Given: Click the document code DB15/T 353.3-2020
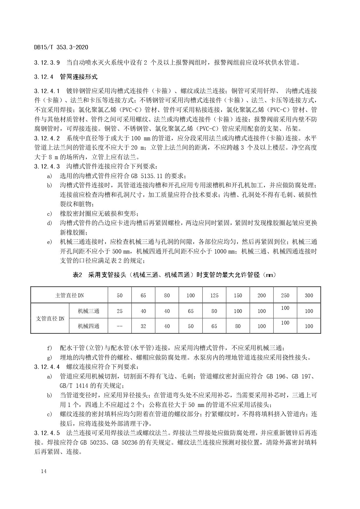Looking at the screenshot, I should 61,47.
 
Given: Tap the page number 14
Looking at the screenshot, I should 44,471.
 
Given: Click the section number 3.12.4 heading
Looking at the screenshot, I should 44,77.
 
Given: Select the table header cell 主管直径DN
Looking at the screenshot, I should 69,296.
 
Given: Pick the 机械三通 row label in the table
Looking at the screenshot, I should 88,311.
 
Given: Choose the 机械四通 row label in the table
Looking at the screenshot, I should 88,326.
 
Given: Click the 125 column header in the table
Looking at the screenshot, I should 214,296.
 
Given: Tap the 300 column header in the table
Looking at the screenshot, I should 309,296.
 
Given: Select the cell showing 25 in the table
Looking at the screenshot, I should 120,311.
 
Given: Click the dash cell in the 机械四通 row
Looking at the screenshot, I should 120,326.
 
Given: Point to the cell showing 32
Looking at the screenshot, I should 143,326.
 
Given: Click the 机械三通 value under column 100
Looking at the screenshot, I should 191,311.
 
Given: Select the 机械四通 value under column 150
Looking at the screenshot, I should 238,326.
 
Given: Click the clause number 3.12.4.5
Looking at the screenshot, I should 47,433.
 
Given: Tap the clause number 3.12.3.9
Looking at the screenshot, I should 47,62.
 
